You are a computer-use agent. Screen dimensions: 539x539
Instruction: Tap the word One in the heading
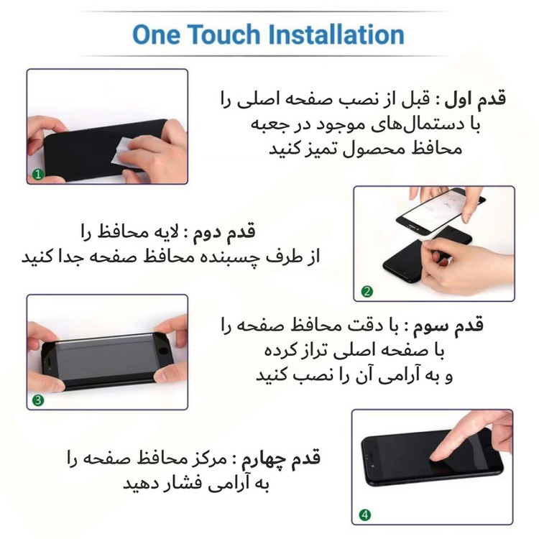point(156,34)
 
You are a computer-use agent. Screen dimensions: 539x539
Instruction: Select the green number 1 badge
point(38,175)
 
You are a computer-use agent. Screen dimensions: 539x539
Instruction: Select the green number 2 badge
point(367,292)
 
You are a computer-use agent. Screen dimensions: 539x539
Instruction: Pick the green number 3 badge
point(38,400)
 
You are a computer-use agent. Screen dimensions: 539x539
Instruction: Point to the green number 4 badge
point(364,515)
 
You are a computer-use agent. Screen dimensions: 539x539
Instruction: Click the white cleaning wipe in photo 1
point(126,152)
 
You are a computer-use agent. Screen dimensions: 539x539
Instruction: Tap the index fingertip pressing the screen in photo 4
point(436,456)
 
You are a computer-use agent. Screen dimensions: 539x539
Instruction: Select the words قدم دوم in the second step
point(224,231)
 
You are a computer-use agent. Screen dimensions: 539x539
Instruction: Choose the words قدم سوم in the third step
point(448,325)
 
